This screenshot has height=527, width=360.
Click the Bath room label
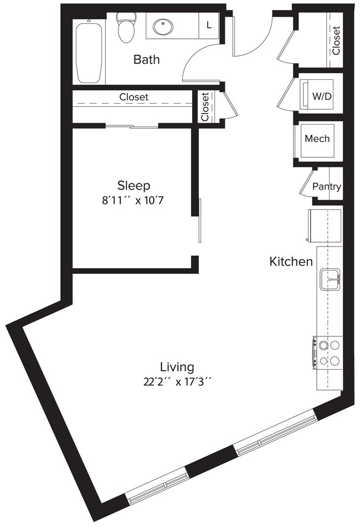(x=146, y=59)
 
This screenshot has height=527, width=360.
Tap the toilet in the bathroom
(x=126, y=28)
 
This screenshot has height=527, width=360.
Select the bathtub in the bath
(x=89, y=53)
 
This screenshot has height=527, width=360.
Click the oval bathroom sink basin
(x=163, y=26)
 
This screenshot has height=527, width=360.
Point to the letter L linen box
(x=208, y=25)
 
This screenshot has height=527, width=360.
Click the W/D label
(x=321, y=96)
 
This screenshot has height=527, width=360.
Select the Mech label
(x=317, y=139)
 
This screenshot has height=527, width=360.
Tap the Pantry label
(x=326, y=187)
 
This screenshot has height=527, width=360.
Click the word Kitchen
(x=291, y=262)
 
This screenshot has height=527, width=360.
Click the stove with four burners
(x=328, y=354)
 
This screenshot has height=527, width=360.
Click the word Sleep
(x=133, y=185)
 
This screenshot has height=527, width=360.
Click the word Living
(x=177, y=366)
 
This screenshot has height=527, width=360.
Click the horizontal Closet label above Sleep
(x=133, y=97)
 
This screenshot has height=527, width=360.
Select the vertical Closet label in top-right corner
(x=336, y=40)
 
